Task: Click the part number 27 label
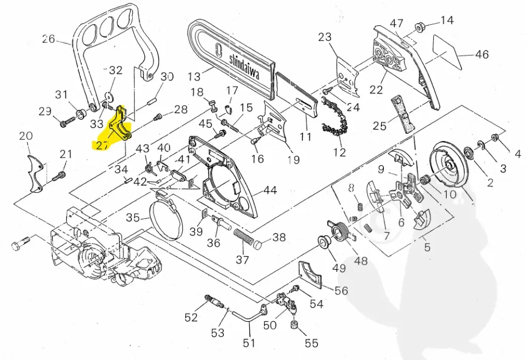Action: tap(102, 146)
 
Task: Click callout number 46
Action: tap(482, 54)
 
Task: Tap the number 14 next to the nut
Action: tap(447, 20)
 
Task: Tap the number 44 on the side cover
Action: tap(270, 190)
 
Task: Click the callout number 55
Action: tap(311, 344)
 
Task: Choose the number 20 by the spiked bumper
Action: tap(26, 136)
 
